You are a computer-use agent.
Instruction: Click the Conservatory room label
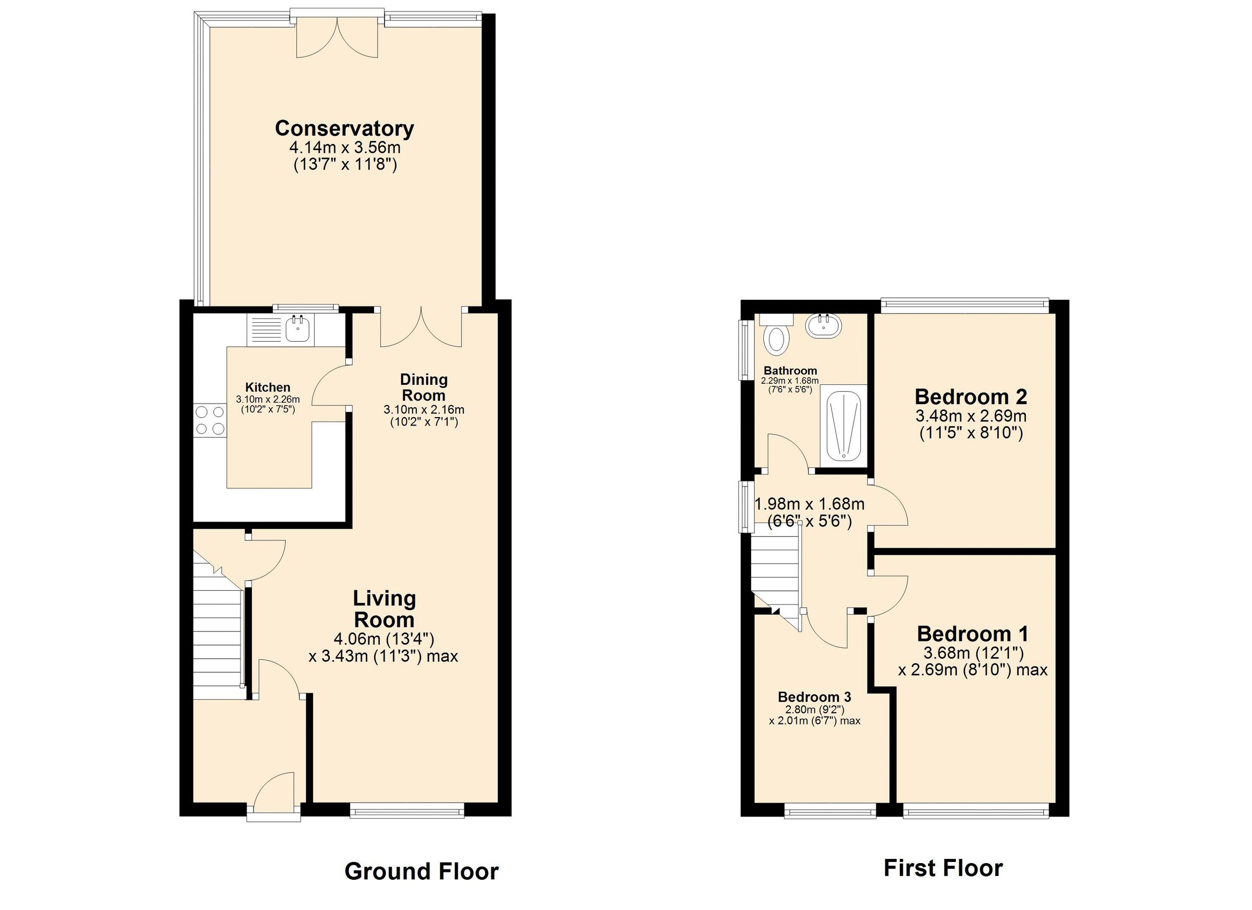[344, 129]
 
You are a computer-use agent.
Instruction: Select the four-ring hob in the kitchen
[210, 420]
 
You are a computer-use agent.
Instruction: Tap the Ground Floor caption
[421, 871]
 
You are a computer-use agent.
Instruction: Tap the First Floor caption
[943, 868]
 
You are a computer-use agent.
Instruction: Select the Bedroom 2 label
[970, 397]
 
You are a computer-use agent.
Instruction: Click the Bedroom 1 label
[973, 634]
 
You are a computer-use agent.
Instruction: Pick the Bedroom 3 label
[814, 697]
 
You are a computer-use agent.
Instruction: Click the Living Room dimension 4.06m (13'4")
[383, 639]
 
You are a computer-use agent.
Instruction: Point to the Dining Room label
[424, 387]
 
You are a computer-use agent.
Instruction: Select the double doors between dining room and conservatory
[420, 329]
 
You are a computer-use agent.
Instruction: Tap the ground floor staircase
[218, 635]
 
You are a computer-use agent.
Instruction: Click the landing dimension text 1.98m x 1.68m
[809, 504]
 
